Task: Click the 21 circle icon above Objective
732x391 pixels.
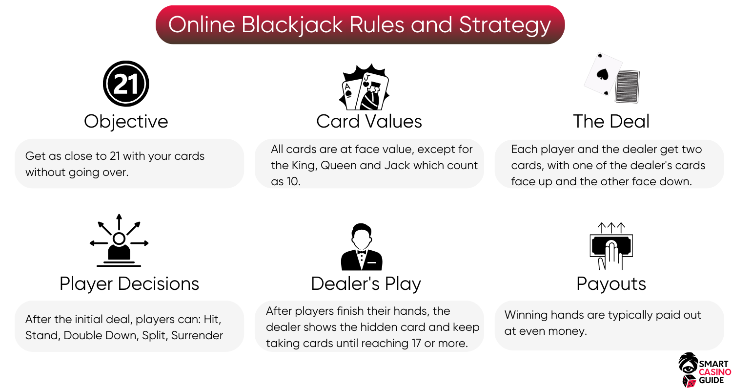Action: pos(126,84)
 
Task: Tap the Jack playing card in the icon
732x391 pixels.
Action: pos(372,92)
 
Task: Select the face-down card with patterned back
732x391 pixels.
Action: pos(627,87)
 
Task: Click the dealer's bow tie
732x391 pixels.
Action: pos(362,252)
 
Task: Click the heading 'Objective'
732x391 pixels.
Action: pos(126,121)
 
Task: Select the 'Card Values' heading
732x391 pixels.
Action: pos(369,121)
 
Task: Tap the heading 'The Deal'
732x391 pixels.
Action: pos(611,121)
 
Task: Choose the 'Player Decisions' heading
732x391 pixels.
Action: pos(129,283)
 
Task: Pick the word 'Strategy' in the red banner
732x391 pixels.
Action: pos(505,25)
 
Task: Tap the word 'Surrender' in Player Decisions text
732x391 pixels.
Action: pos(197,335)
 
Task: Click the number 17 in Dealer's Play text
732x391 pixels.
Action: pos(416,343)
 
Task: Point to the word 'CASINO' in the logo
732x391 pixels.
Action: pos(715,372)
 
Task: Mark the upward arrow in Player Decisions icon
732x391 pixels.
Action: pos(119,222)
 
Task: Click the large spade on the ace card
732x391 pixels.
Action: pos(602,75)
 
